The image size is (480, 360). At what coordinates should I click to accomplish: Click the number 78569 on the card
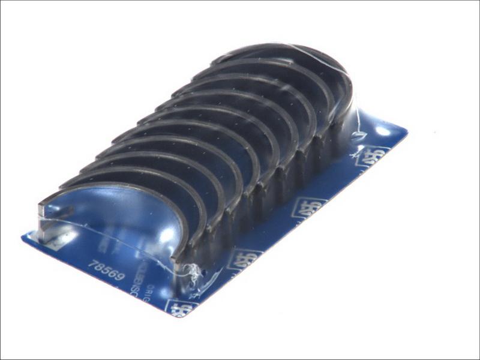click(x=106, y=271)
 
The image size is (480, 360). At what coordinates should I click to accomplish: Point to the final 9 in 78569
click(x=119, y=278)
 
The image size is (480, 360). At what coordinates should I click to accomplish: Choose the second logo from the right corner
click(x=309, y=207)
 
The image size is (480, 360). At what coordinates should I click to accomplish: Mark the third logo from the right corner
click(x=245, y=259)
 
